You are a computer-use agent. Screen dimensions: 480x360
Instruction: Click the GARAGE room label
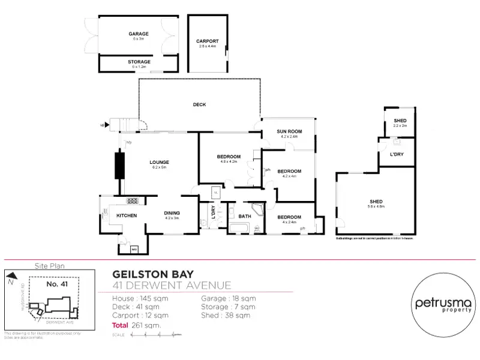138,34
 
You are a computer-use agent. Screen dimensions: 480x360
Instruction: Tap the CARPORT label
208,41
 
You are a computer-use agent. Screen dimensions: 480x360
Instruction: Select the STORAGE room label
139,62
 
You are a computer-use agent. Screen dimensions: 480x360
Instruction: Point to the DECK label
199,105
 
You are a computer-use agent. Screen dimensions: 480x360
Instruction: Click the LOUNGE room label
159,162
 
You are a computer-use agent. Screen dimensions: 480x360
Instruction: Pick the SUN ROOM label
289,131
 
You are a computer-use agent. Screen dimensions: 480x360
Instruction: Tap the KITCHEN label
127,215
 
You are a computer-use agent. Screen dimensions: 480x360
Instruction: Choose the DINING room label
172,213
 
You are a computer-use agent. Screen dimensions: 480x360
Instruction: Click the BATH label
244,216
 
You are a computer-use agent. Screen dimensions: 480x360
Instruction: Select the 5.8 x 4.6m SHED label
377,202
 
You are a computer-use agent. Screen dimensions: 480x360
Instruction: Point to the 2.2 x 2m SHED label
400,121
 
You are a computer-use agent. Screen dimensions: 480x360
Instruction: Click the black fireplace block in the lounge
119,165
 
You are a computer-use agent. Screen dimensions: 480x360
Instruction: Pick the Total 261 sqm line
137,325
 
